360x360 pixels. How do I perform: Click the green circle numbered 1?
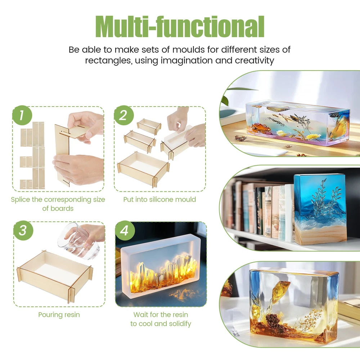click(22, 115)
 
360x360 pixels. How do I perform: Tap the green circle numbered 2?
click(124, 115)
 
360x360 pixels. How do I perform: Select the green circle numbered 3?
click(23, 230)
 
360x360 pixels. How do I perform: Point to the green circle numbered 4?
click(125, 230)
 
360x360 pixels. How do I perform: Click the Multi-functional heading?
click(180, 27)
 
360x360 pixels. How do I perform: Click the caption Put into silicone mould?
click(159, 199)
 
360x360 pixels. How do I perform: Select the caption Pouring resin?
click(59, 315)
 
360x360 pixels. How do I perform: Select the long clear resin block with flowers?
click(298, 123)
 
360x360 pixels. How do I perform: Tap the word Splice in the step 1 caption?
click(21, 199)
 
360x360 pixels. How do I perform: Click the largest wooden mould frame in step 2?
click(143, 169)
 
